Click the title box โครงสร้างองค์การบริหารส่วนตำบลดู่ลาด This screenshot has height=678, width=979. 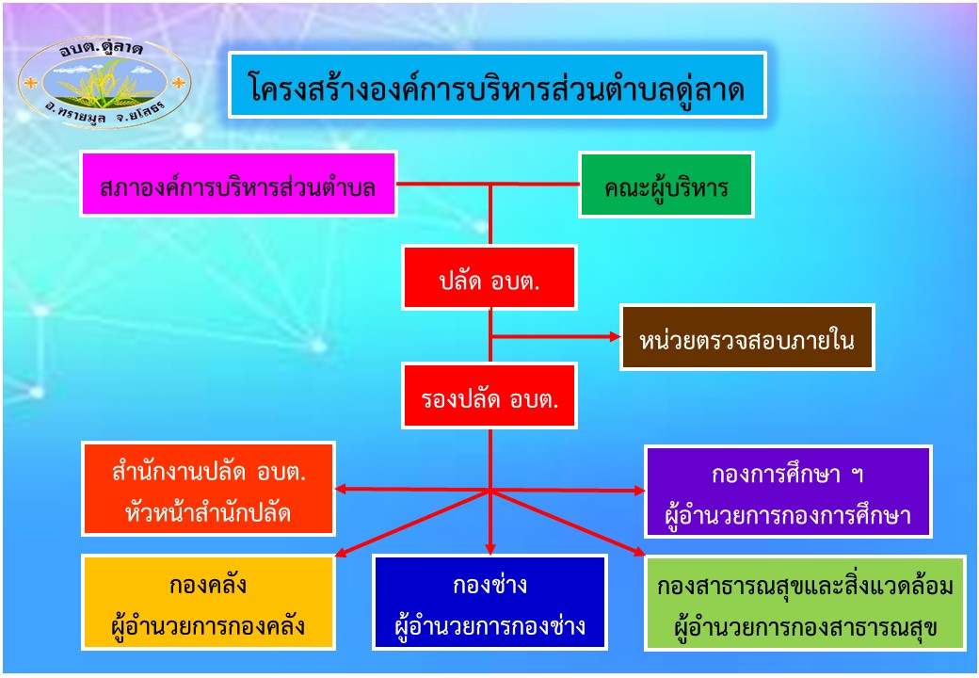pyautogui.click(x=497, y=86)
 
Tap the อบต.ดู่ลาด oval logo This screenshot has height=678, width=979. pyautogui.click(x=104, y=82)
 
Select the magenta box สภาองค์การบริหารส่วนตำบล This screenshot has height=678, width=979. pyautogui.click(x=238, y=185)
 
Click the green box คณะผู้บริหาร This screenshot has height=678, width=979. pyautogui.click(x=666, y=185)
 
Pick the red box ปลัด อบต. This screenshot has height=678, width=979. pyautogui.click(x=489, y=278)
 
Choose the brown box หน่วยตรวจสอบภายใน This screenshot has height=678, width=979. pyautogui.click(x=746, y=337)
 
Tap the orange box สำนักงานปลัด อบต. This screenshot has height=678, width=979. pyautogui.click(x=208, y=489)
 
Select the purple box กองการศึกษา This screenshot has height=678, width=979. pyautogui.click(x=788, y=492)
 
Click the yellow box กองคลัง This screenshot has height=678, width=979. pyautogui.click(x=208, y=603)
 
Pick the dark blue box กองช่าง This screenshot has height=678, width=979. pyautogui.click(x=490, y=603)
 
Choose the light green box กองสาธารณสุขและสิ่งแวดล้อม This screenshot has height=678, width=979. pyautogui.click(x=806, y=604)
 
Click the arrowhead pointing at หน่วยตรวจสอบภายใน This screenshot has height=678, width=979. pyautogui.click(x=615, y=336)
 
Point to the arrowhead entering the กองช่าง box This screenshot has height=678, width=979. pyautogui.click(x=490, y=548)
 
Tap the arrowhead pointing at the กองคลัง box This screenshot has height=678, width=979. pyautogui.click(x=342, y=552)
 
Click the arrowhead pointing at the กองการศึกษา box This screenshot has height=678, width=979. pyautogui.click(x=639, y=491)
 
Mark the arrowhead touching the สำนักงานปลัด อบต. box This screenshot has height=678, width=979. pyautogui.click(x=342, y=489)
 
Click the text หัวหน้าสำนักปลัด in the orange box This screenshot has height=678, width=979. pyautogui.click(x=208, y=512)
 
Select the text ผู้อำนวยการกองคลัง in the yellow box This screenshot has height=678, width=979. pyautogui.click(x=208, y=625)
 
